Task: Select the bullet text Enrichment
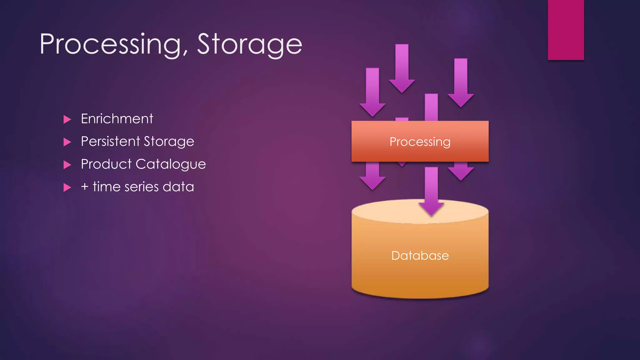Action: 117,119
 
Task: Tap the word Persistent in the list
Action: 110,141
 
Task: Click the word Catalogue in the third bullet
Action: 171,164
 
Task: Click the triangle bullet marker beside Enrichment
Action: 67,119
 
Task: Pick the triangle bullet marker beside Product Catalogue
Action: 67,165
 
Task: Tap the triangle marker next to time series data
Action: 67,187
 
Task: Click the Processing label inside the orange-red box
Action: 420,142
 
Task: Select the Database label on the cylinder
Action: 420,256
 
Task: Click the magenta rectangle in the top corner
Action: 566,30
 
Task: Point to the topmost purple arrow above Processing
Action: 402,69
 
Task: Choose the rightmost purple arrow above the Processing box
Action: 461,83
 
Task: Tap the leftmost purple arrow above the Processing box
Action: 372,92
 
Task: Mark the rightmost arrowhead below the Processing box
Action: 461,173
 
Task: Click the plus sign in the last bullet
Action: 85,187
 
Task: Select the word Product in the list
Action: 106,164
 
